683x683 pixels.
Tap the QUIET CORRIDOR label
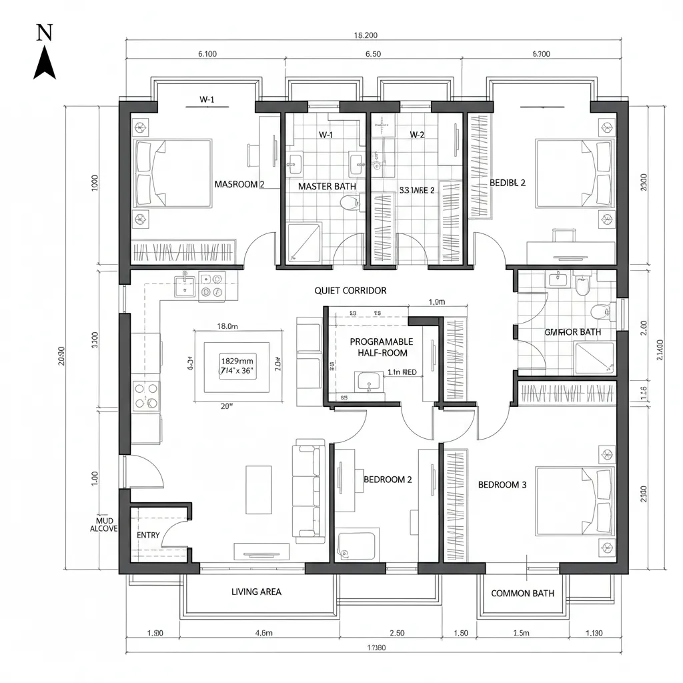point(350,291)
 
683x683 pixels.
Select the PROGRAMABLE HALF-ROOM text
point(382,346)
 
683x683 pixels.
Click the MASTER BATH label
point(327,187)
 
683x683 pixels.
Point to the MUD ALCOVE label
point(103,524)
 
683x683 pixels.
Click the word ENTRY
point(148,535)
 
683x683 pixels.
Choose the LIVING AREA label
point(256,592)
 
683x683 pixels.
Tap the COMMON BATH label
point(522,593)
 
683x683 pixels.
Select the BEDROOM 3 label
point(502,485)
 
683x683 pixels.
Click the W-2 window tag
point(417,135)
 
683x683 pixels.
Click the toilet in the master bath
point(348,202)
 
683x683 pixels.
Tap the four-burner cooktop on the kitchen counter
point(146,395)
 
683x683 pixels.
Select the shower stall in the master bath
point(303,242)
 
